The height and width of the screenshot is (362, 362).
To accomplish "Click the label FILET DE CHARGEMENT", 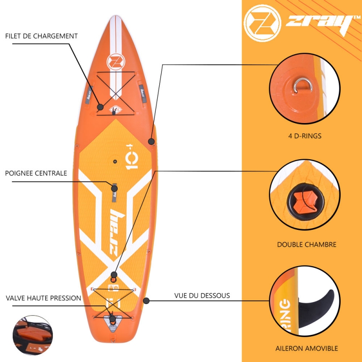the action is pos(42,36).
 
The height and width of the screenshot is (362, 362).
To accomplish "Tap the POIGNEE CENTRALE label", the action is pos(36,173).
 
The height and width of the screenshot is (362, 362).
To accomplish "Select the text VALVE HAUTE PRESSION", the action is pos(43,298).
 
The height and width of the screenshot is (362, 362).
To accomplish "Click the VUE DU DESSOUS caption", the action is pos(202,295).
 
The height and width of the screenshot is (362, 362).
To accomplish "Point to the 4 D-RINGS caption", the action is pos(305,136).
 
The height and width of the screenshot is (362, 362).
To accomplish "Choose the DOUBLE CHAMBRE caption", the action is pos(307,244).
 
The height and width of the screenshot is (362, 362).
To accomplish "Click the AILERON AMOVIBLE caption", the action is pos(307,348).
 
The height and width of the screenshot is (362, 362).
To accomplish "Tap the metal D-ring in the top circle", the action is pos(303,85).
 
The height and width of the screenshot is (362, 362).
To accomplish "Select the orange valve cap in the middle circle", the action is pos(305,201).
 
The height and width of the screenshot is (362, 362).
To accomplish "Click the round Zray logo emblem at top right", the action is pos(262,23).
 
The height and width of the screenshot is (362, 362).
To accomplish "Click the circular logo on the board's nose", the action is pos(116,62).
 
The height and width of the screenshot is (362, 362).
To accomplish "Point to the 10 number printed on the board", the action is pos(132,157).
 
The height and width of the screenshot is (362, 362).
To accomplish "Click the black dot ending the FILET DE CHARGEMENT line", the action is pos(100,107).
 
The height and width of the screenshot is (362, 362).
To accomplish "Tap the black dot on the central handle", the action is pos(114,189).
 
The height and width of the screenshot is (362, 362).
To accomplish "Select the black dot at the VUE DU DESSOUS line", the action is pos(146,301).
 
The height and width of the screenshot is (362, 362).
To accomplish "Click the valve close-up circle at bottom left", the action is pos(33,335).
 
